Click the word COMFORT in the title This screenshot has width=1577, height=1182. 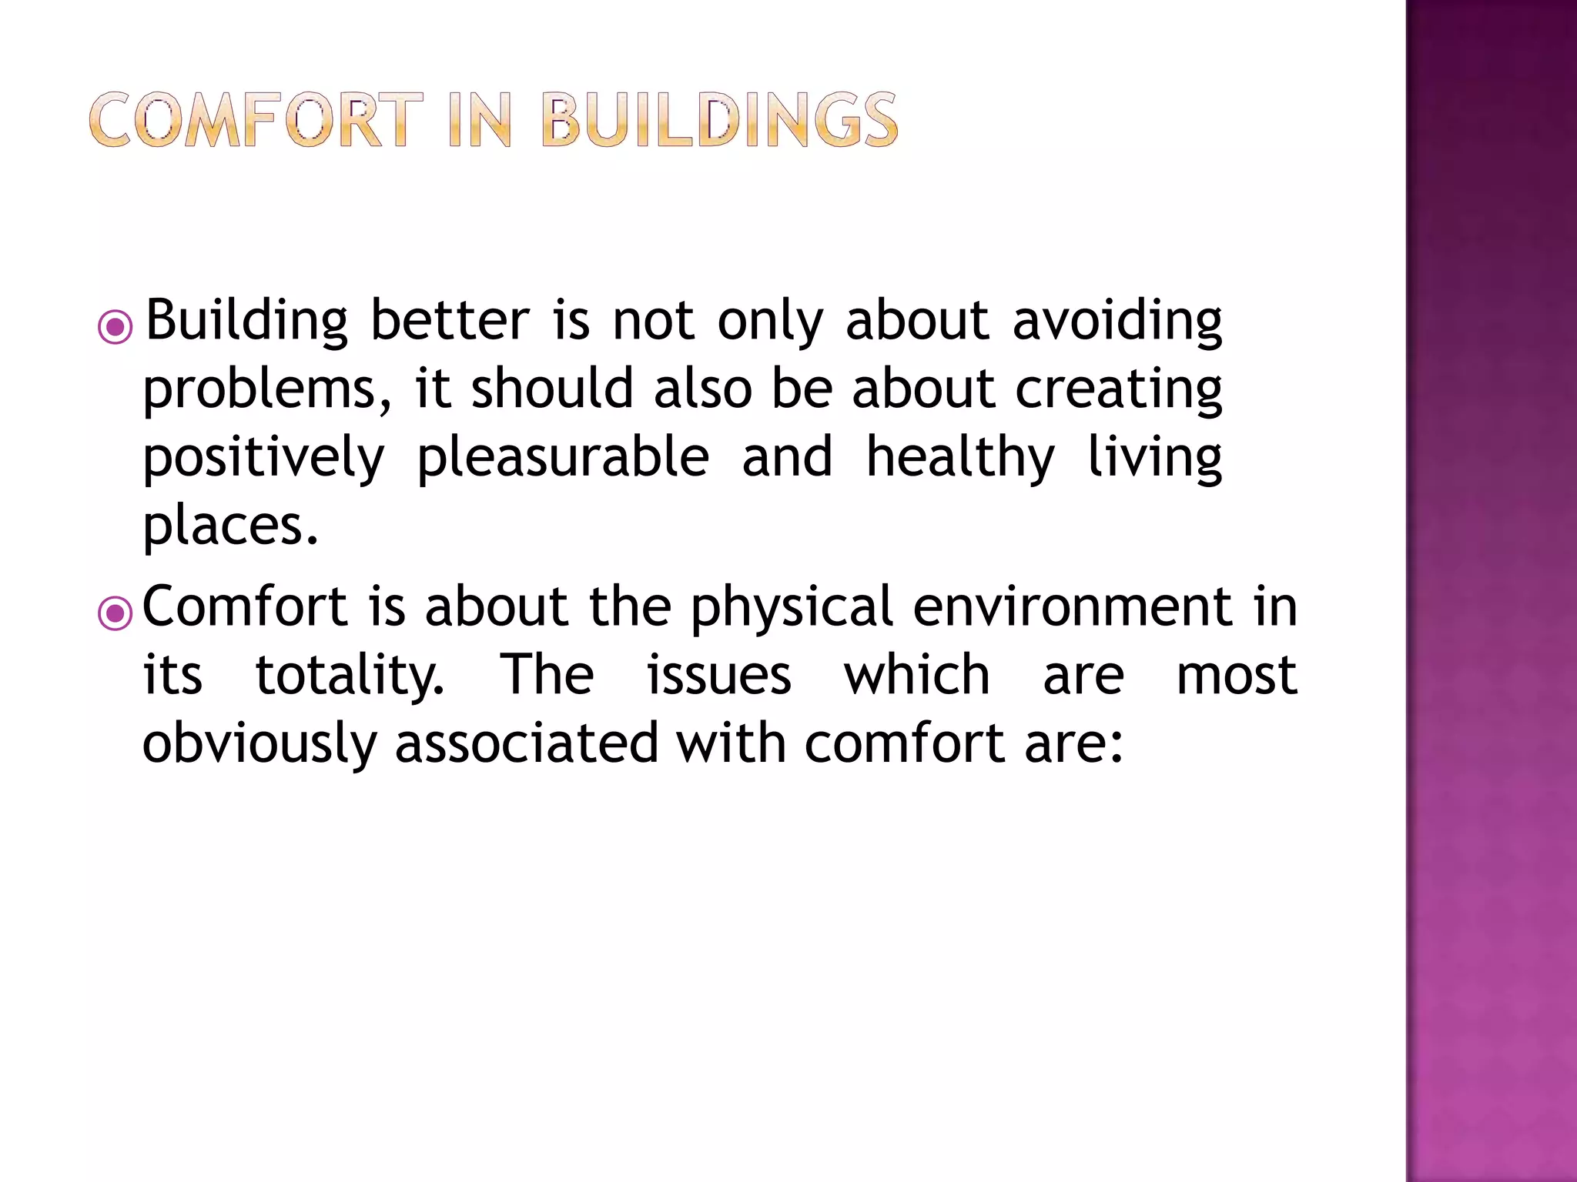point(256,120)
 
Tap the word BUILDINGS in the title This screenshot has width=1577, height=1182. point(719,120)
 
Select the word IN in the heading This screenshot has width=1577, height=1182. point(480,120)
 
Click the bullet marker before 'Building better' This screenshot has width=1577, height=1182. point(116,327)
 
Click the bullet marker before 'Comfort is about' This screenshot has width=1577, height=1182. point(116,614)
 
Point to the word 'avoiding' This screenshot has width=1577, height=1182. point(1117,322)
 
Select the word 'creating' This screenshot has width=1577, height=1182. point(1118,390)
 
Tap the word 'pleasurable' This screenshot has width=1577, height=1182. point(562,459)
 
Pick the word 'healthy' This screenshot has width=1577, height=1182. point(959,459)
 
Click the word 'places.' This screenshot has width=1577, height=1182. point(230,527)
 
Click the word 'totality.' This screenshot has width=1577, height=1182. point(350,676)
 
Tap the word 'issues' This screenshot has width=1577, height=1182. point(718,676)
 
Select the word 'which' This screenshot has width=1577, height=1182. point(916,675)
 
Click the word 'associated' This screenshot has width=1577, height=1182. point(526,744)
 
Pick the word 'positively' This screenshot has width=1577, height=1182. point(263,459)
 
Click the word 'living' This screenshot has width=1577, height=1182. point(1153,459)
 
